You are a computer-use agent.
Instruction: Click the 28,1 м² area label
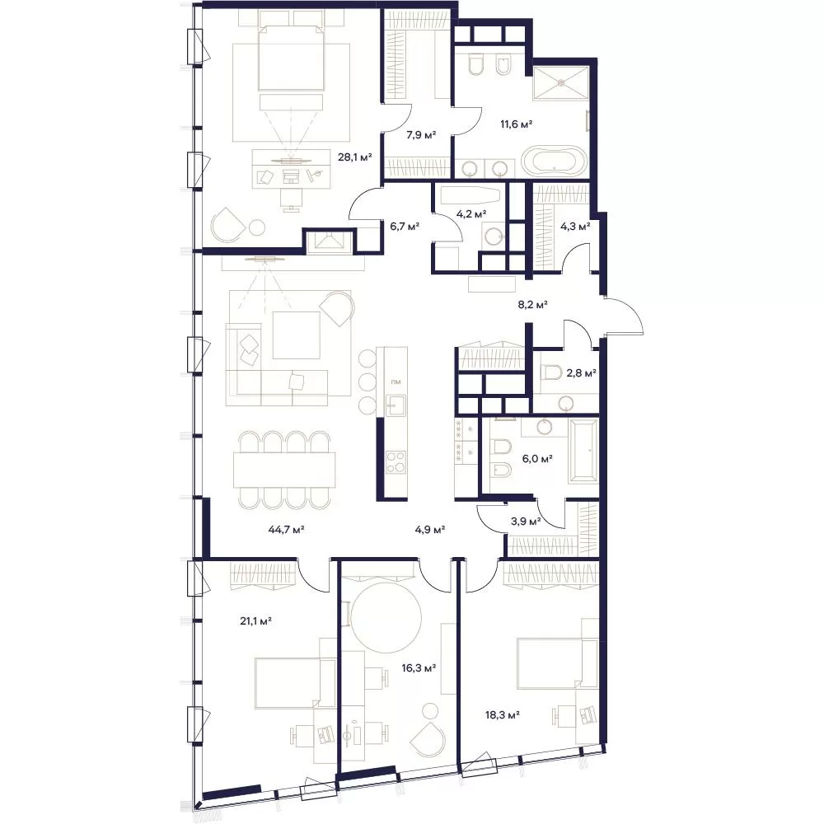coord(354,157)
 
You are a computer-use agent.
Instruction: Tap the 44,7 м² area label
coord(287,529)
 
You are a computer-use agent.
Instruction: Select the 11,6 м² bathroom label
coord(516,124)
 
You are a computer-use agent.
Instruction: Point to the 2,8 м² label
coord(581,373)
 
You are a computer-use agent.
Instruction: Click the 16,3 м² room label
coord(419,668)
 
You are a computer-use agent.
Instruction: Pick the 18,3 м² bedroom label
coord(503,714)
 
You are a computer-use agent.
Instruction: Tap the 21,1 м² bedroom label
coord(255,621)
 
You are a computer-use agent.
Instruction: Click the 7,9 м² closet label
coord(421,135)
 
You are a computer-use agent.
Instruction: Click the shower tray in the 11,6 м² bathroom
coord(561,82)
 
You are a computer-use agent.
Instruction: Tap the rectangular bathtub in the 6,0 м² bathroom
coord(583,451)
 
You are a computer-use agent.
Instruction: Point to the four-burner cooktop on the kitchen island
coord(396,462)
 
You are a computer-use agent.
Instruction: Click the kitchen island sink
coord(396,405)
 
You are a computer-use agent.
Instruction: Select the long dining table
coord(284,471)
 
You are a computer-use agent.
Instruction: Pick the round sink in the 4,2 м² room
coord(494,237)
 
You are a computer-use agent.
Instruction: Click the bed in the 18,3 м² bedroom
coord(557,663)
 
